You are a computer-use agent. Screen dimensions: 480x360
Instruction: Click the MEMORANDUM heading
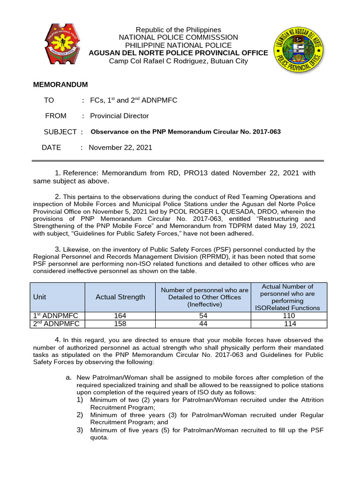click(x=60, y=84)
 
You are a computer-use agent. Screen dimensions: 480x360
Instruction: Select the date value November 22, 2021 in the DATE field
click(x=120, y=147)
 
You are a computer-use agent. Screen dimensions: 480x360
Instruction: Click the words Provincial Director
click(x=119, y=116)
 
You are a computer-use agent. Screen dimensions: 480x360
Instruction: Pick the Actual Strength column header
click(x=120, y=297)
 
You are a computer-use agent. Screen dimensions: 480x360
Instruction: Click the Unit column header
click(x=40, y=297)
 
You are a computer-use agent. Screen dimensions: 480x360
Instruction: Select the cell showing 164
click(x=120, y=316)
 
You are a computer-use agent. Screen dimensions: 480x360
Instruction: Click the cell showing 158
click(x=120, y=324)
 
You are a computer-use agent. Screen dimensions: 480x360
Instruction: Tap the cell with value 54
click(x=204, y=316)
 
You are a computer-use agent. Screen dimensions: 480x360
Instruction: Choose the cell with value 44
click(x=204, y=324)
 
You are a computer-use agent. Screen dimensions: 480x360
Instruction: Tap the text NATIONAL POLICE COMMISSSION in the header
click(x=178, y=37)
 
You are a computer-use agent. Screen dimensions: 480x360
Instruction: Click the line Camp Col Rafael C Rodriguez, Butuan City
click(x=178, y=61)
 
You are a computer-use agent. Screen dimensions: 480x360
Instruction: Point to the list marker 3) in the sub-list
click(x=80, y=430)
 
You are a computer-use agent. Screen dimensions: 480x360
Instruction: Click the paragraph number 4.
click(x=57, y=340)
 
